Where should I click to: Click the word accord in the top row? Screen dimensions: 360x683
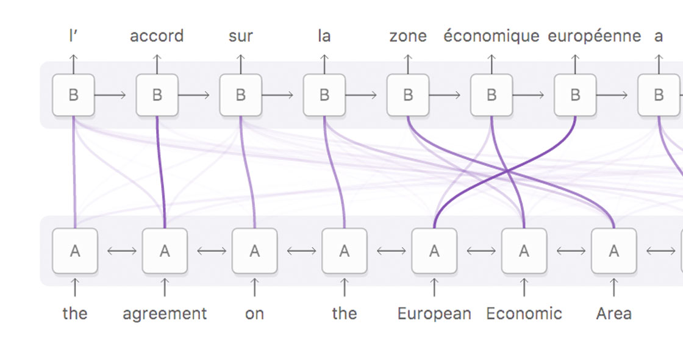pyautogui.click(x=157, y=36)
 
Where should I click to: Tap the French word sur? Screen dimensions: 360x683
pyautogui.click(x=240, y=36)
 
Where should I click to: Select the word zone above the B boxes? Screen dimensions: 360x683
pyautogui.click(x=408, y=36)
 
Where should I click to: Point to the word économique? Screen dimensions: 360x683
pyautogui.click(x=491, y=36)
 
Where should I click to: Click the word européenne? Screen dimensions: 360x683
pyautogui.click(x=594, y=36)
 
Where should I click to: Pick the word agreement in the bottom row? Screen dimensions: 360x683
pyautogui.click(x=165, y=314)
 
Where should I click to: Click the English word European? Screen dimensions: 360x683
pyautogui.click(x=434, y=314)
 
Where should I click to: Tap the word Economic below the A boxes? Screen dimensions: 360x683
pyautogui.click(x=524, y=314)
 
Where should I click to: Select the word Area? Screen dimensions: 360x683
pyautogui.click(x=613, y=314)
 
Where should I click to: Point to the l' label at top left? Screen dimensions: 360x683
pyautogui.click(x=73, y=36)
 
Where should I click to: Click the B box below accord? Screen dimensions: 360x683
pyautogui.click(x=157, y=95)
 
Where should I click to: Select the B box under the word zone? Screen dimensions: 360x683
pyautogui.click(x=408, y=95)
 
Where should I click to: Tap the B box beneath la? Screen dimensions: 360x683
pyautogui.click(x=324, y=95)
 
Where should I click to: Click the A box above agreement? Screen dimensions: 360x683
pyautogui.click(x=165, y=251)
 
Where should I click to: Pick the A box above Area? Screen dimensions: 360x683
pyautogui.click(x=613, y=251)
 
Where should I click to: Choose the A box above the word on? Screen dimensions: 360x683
pyautogui.click(x=254, y=251)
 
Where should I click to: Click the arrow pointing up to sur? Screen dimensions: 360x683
pyautogui.click(x=240, y=63)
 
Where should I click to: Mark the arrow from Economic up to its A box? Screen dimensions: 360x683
pyautogui.click(x=524, y=286)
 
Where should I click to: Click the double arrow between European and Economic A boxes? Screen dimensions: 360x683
pyautogui.click(x=479, y=251)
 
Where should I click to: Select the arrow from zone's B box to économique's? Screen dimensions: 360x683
pyautogui.click(x=449, y=95)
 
